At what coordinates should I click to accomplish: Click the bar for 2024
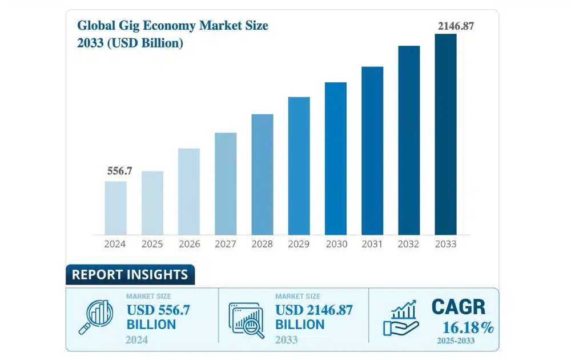click(115, 208)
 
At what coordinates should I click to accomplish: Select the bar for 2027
click(226, 183)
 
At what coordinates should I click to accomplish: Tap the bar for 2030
click(336, 158)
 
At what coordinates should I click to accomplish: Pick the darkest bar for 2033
click(446, 134)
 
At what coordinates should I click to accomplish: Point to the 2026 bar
click(189, 191)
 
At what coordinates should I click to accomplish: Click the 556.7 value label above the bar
click(116, 171)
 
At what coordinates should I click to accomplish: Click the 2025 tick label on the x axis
click(152, 244)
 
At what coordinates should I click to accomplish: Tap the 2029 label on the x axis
click(299, 244)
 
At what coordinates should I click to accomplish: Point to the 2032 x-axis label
click(409, 244)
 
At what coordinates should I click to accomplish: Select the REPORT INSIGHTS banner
click(130, 274)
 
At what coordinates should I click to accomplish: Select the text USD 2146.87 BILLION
click(314, 317)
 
